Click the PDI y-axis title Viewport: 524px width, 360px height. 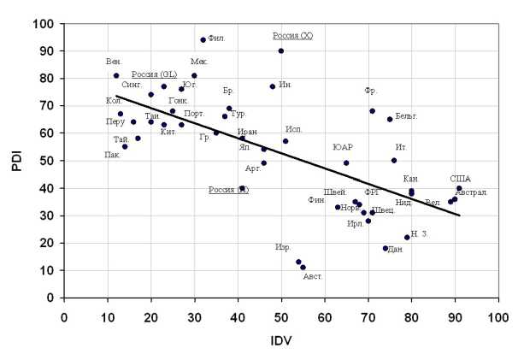pyautogui.click(x=15, y=161)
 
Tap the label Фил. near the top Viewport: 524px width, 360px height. pyautogui.click(x=216, y=38)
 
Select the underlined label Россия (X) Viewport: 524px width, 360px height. pyautogui.click(x=292, y=35)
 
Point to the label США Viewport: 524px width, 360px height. pyautogui.click(x=460, y=179)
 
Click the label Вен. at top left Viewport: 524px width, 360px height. pyautogui.click(x=114, y=62)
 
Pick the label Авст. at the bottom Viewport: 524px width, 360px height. pyautogui.click(x=313, y=276)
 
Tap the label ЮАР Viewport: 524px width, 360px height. pyautogui.click(x=342, y=147)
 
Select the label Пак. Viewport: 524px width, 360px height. pyautogui.click(x=113, y=154)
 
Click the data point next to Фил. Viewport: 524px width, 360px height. pyautogui.click(x=203, y=40)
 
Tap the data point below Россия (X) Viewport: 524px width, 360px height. pyautogui.click(x=281, y=51)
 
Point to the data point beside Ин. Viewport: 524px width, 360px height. pyautogui.click(x=273, y=86)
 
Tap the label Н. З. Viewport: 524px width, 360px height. pyautogui.click(x=419, y=233)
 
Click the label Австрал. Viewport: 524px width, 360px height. pyautogui.click(x=471, y=192)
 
